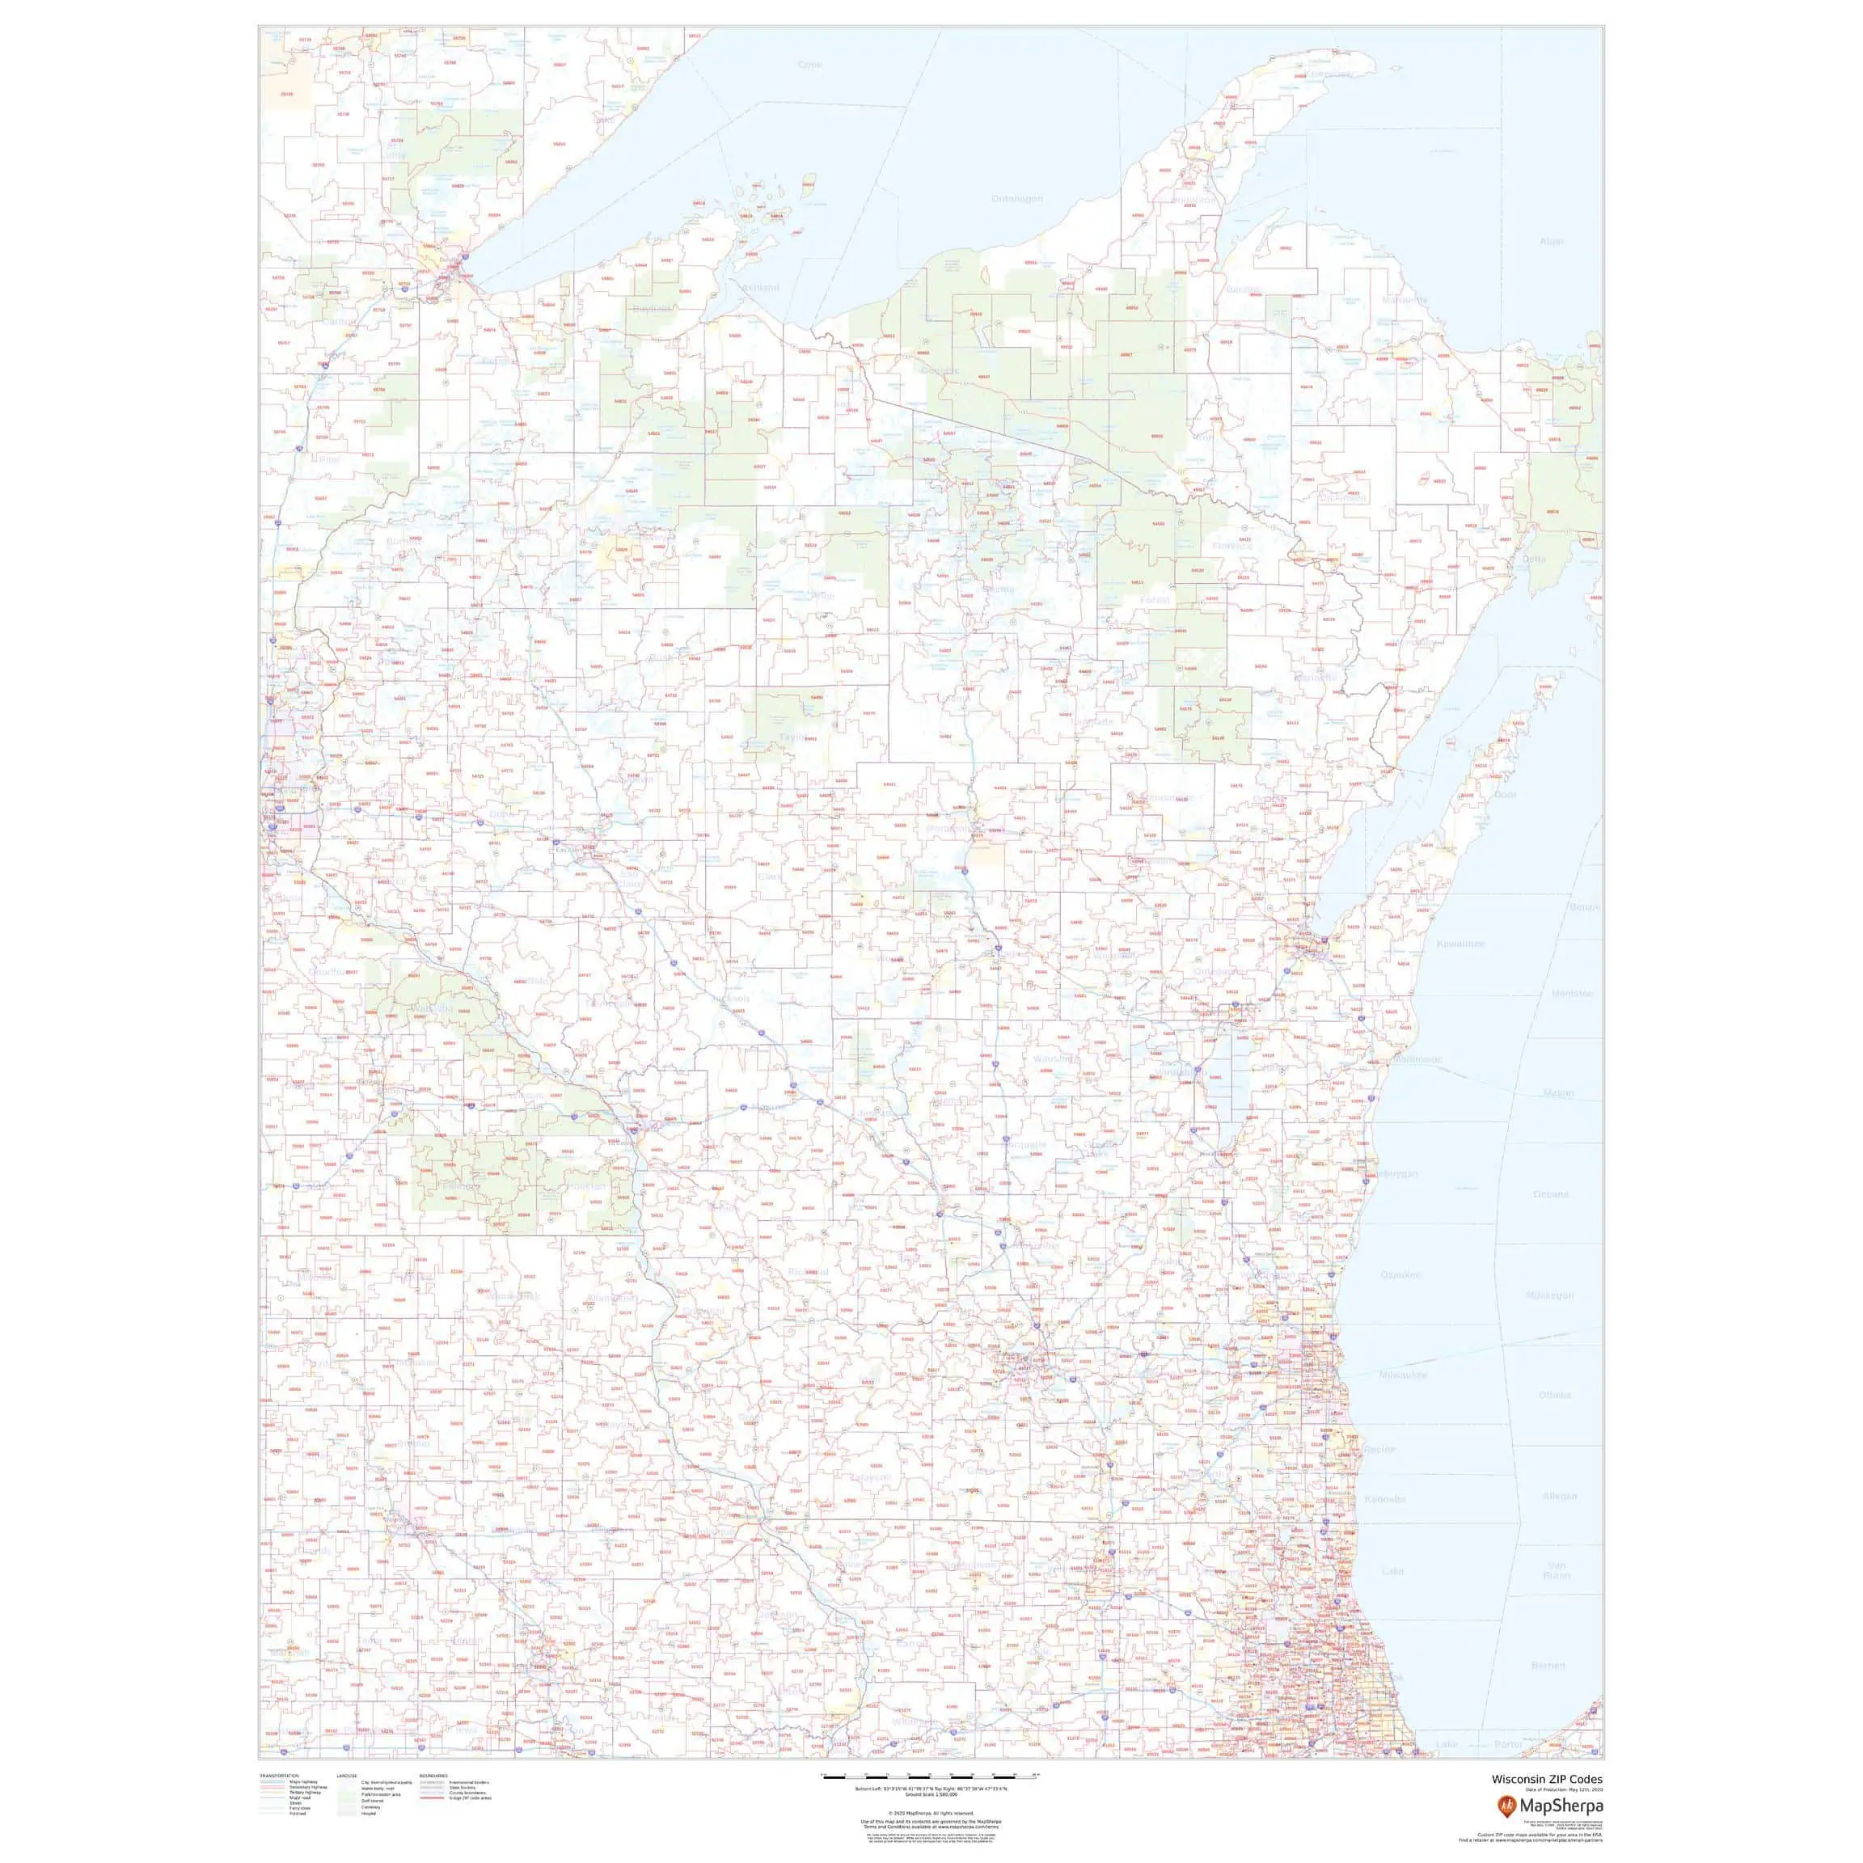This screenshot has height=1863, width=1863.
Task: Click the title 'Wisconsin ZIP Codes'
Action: click(x=1547, y=1779)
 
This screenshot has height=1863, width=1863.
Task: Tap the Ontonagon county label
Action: click(x=1017, y=199)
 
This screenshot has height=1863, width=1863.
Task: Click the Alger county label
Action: click(x=1552, y=241)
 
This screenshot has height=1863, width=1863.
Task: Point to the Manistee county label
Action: click(x=1572, y=993)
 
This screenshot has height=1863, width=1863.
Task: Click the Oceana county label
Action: click(x=1551, y=1193)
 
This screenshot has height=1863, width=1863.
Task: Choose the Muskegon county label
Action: click(x=1549, y=1295)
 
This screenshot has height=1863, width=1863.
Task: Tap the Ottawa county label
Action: click(x=1554, y=1396)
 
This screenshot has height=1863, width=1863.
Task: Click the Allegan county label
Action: click(x=1559, y=1496)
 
